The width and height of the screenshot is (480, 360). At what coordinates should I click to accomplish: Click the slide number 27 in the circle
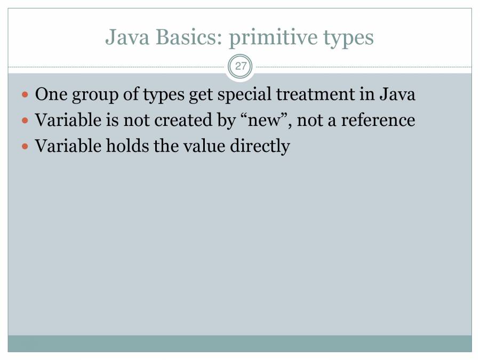click(240, 67)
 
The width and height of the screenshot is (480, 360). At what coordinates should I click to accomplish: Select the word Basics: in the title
click(183, 37)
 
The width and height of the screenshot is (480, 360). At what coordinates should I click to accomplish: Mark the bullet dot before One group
click(26, 95)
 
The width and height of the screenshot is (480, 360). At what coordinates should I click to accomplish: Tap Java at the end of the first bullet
click(397, 95)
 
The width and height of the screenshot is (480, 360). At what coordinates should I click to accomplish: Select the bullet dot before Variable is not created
click(26, 121)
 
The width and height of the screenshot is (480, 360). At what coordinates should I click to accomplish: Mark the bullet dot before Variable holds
click(26, 146)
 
